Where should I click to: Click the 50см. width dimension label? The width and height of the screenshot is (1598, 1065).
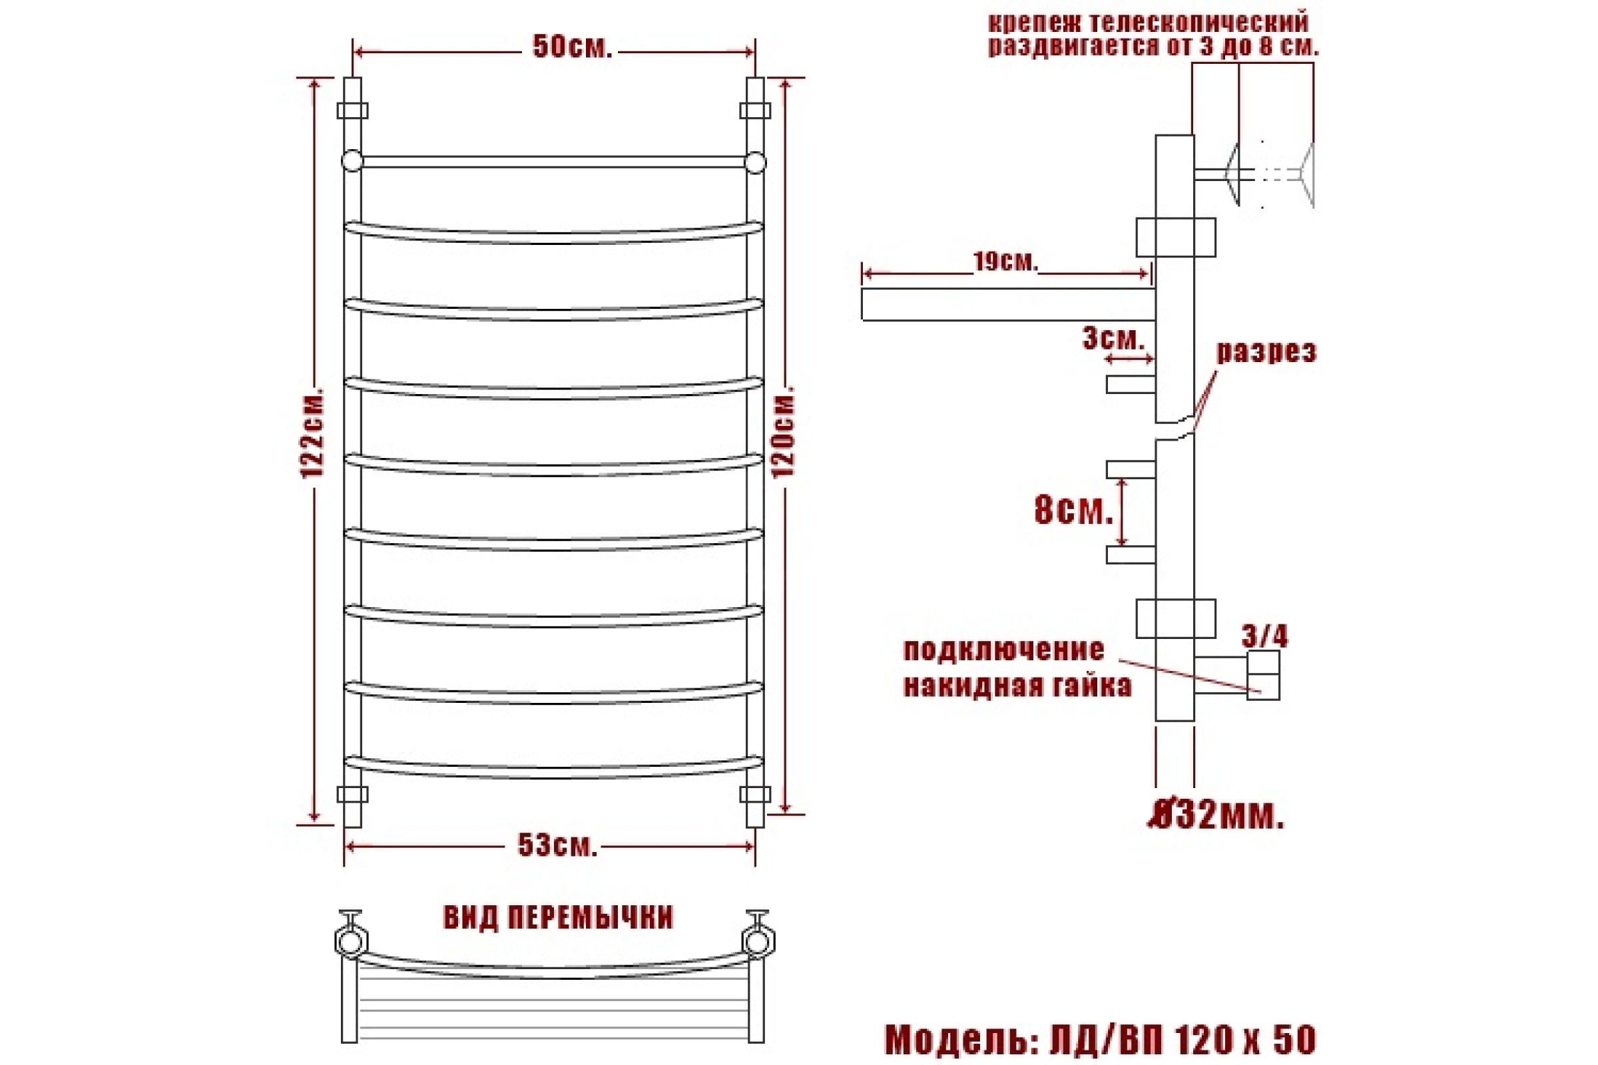click(x=572, y=47)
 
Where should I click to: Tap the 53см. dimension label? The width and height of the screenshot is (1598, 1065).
click(x=557, y=845)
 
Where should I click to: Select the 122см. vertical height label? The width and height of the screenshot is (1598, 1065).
click(x=313, y=433)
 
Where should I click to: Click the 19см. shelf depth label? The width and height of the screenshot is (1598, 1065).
click(x=1005, y=262)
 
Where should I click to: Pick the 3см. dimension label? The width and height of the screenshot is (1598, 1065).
click(x=1113, y=339)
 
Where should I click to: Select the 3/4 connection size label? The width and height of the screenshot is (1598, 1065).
click(x=1264, y=636)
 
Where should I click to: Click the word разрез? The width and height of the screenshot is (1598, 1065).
click(x=1266, y=352)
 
